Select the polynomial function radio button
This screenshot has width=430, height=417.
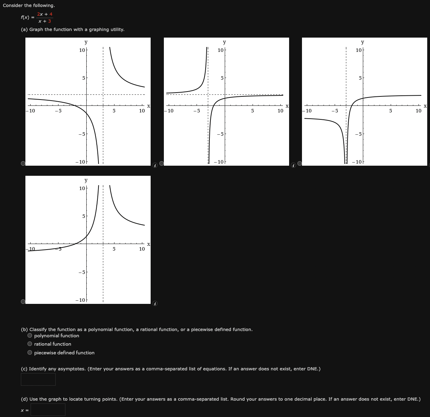click(30, 336)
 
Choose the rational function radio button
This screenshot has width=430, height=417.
click(30, 344)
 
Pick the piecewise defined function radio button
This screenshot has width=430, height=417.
click(30, 353)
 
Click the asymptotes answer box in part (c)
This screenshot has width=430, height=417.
click(38, 379)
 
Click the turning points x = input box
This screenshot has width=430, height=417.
click(48, 410)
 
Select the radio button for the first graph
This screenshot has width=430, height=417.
click(23, 163)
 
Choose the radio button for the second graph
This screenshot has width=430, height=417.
click(162, 163)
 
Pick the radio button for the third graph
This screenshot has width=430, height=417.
click(300, 163)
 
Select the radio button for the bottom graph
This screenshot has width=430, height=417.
click(23, 301)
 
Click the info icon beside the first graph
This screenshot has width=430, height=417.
click(155, 165)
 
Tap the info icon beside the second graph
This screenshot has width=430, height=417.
click(293, 165)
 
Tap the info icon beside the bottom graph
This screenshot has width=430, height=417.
click(155, 304)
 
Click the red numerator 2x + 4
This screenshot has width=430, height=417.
click(45, 14)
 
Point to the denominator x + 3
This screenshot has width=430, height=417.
click(45, 21)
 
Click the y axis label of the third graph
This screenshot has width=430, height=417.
click(363, 42)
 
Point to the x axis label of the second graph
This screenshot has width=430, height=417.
click(287, 106)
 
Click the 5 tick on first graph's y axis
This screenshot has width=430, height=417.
click(83, 78)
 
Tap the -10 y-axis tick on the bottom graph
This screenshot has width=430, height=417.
click(80, 300)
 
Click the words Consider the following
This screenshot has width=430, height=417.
click(29, 6)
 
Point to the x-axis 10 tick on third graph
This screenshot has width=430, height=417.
click(418, 111)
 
